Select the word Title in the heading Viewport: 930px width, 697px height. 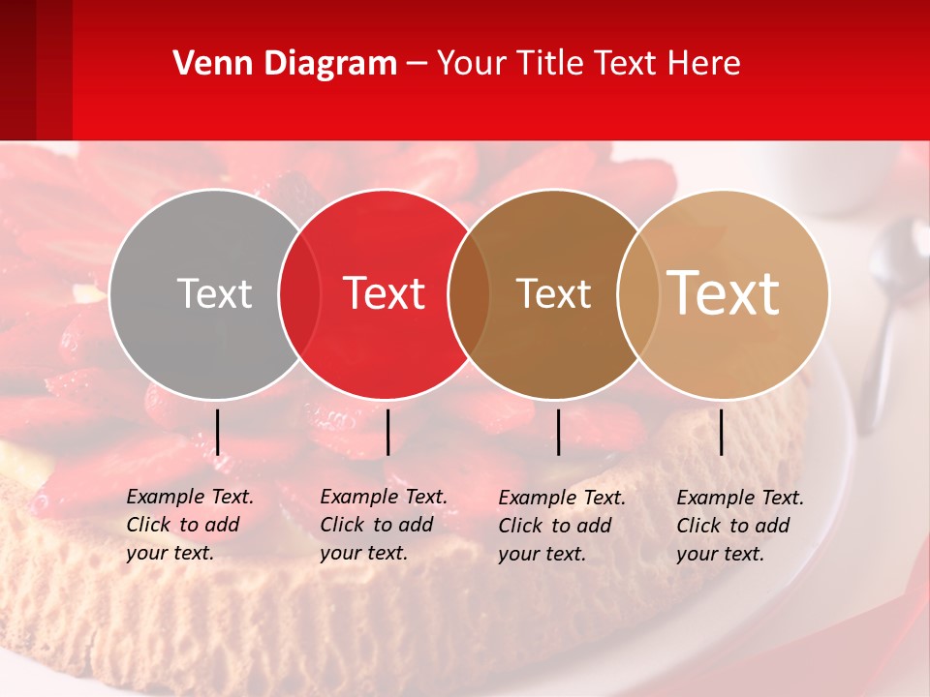[552, 64]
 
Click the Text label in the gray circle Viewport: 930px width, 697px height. [214, 293]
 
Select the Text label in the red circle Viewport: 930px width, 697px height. [385, 293]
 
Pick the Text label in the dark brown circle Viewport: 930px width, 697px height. [553, 293]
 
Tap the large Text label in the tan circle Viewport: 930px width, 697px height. [724, 293]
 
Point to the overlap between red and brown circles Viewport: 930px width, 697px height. [469, 294]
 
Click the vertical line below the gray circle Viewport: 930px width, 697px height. [218, 432]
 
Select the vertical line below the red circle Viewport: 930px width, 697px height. [387, 432]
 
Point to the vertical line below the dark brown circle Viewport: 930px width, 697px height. [559, 432]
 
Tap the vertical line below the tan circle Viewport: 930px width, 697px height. [722, 432]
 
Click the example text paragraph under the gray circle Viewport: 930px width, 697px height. [189, 525]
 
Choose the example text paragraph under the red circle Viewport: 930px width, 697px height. [383, 525]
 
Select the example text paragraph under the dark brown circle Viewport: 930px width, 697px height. [561, 526]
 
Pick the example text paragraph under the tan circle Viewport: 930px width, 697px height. [739, 526]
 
